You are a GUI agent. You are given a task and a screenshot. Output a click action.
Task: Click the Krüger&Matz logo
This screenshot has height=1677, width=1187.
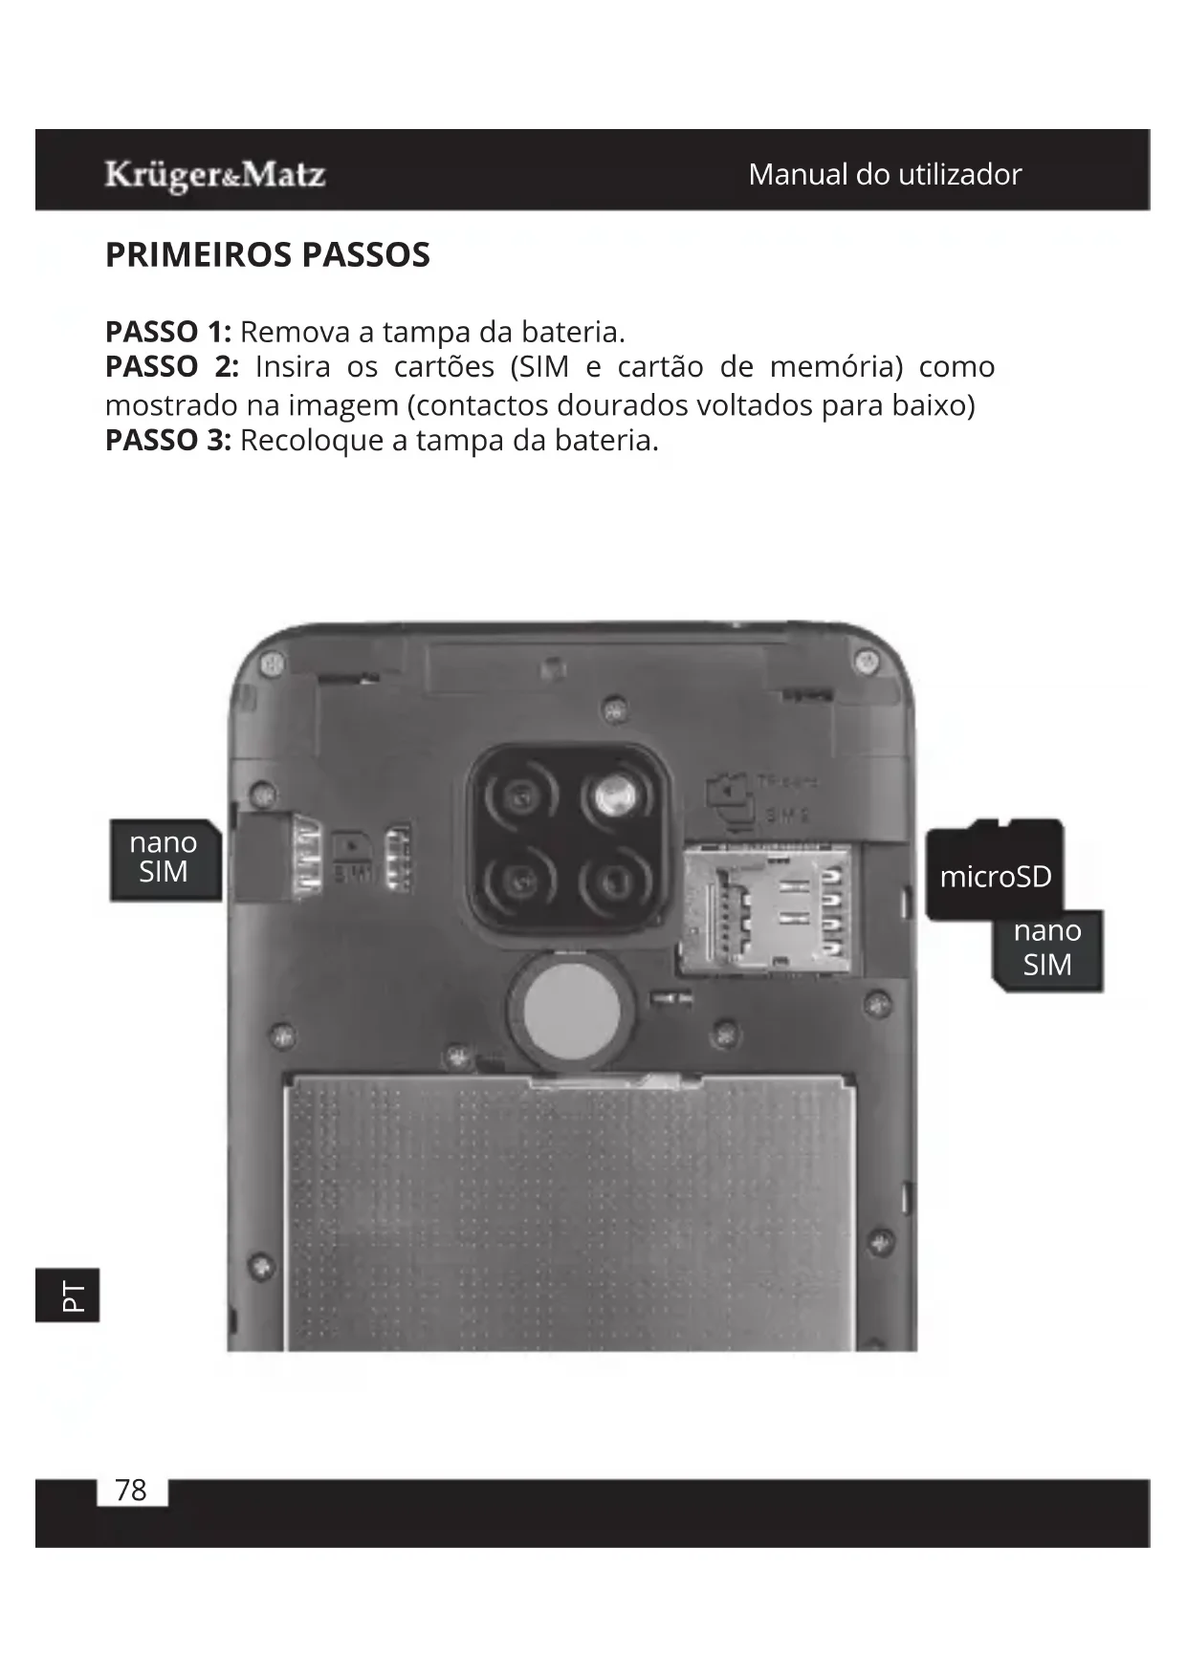click(x=215, y=175)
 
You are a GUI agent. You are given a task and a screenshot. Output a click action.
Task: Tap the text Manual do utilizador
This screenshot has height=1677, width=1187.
click(x=885, y=174)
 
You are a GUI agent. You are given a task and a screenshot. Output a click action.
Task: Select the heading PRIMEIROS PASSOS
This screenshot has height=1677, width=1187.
click(x=268, y=255)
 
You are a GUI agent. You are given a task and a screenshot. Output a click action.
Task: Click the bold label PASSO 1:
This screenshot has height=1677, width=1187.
click(x=168, y=332)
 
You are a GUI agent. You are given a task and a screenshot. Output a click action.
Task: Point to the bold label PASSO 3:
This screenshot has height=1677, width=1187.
click(x=168, y=441)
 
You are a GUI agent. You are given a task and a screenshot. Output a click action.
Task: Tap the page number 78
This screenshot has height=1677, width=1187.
click(x=131, y=1491)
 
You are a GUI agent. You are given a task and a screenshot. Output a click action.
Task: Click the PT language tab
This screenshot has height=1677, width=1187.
click(x=68, y=1296)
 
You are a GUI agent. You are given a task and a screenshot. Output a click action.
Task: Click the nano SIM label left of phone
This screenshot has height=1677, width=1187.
click(x=165, y=858)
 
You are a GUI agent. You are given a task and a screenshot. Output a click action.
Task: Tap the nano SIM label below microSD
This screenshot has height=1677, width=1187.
click(x=1048, y=948)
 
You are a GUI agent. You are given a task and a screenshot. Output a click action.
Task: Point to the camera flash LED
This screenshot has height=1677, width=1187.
click(x=613, y=795)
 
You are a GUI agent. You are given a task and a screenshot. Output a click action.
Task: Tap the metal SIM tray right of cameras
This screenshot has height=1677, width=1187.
click(x=764, y=909)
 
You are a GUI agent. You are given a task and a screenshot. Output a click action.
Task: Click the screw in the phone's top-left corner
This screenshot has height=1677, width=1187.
click(x=273, y=663)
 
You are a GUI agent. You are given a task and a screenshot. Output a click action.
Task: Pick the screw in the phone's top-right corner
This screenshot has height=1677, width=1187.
click(x=868, y=661)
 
